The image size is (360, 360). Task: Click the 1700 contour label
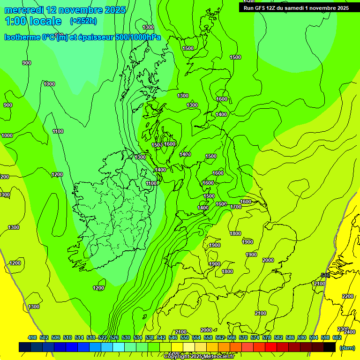click(x=236, y=207)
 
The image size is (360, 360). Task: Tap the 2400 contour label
click(x=350, y=332)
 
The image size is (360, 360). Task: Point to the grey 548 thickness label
click(x=325, y=275)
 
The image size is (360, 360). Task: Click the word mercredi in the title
click(x=25, y=10)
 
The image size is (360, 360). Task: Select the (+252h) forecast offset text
click(x=83, y=21)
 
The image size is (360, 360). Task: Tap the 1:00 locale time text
click(x=33, y=21)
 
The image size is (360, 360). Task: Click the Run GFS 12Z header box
click(x=296, y=8)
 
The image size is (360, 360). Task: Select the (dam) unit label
click(x=347, y=347)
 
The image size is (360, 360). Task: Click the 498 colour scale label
click(x=32, y=337)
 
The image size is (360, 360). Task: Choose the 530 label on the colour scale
click(x=126, y=337)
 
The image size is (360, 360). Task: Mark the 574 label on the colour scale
click(x=255, y=337)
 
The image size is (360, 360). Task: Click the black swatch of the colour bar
click(x=330, y=347)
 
